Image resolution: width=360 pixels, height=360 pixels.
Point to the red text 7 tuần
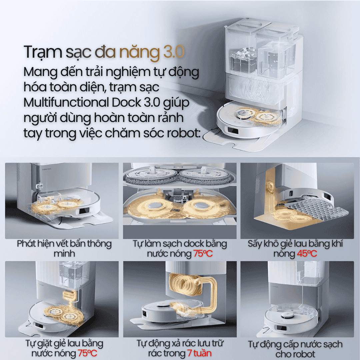click(x=199, y=353)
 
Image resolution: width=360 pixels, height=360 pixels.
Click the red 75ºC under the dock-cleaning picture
click(x=202, y=254)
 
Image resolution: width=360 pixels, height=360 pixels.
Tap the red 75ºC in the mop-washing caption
click(x=87, y=353)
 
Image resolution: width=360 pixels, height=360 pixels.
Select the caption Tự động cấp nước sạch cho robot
click(x=295, y=349)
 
